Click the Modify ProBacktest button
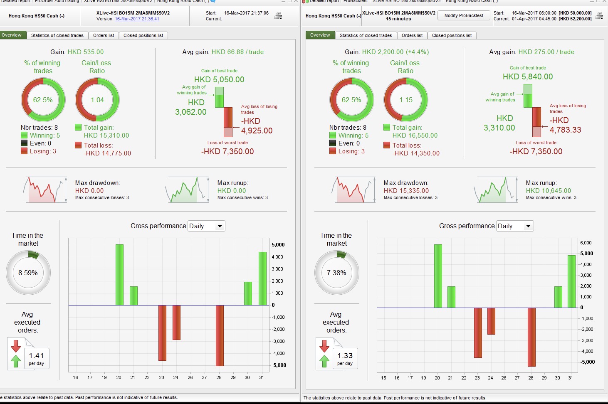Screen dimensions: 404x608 coord(464,16)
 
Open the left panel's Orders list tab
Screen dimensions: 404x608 coord(104,35)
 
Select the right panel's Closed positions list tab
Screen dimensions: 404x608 coord(452,35)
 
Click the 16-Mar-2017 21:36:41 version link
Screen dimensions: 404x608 coord(137,19)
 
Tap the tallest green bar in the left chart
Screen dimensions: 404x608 coord(119,274)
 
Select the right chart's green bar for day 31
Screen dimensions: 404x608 coord(571,281)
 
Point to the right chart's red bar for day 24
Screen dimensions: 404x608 coord(491,320)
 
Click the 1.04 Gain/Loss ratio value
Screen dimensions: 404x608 coord(97,100)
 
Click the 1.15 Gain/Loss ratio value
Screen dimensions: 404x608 coord(406,100)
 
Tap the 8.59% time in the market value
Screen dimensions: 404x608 coord(28,273)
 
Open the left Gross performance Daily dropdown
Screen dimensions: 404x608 coord(206,226)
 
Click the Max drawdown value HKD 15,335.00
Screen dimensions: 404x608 coord(406,191)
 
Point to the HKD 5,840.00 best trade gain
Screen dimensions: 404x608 coord(528,76)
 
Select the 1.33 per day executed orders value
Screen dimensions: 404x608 coord(345,356)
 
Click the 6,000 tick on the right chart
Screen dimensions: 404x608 coord(586,243)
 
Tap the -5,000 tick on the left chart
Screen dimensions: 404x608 coord(279,365)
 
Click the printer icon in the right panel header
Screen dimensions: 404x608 coord(599,16)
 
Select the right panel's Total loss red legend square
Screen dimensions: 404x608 coord(387,145)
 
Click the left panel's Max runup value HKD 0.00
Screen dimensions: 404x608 coord(232,191)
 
